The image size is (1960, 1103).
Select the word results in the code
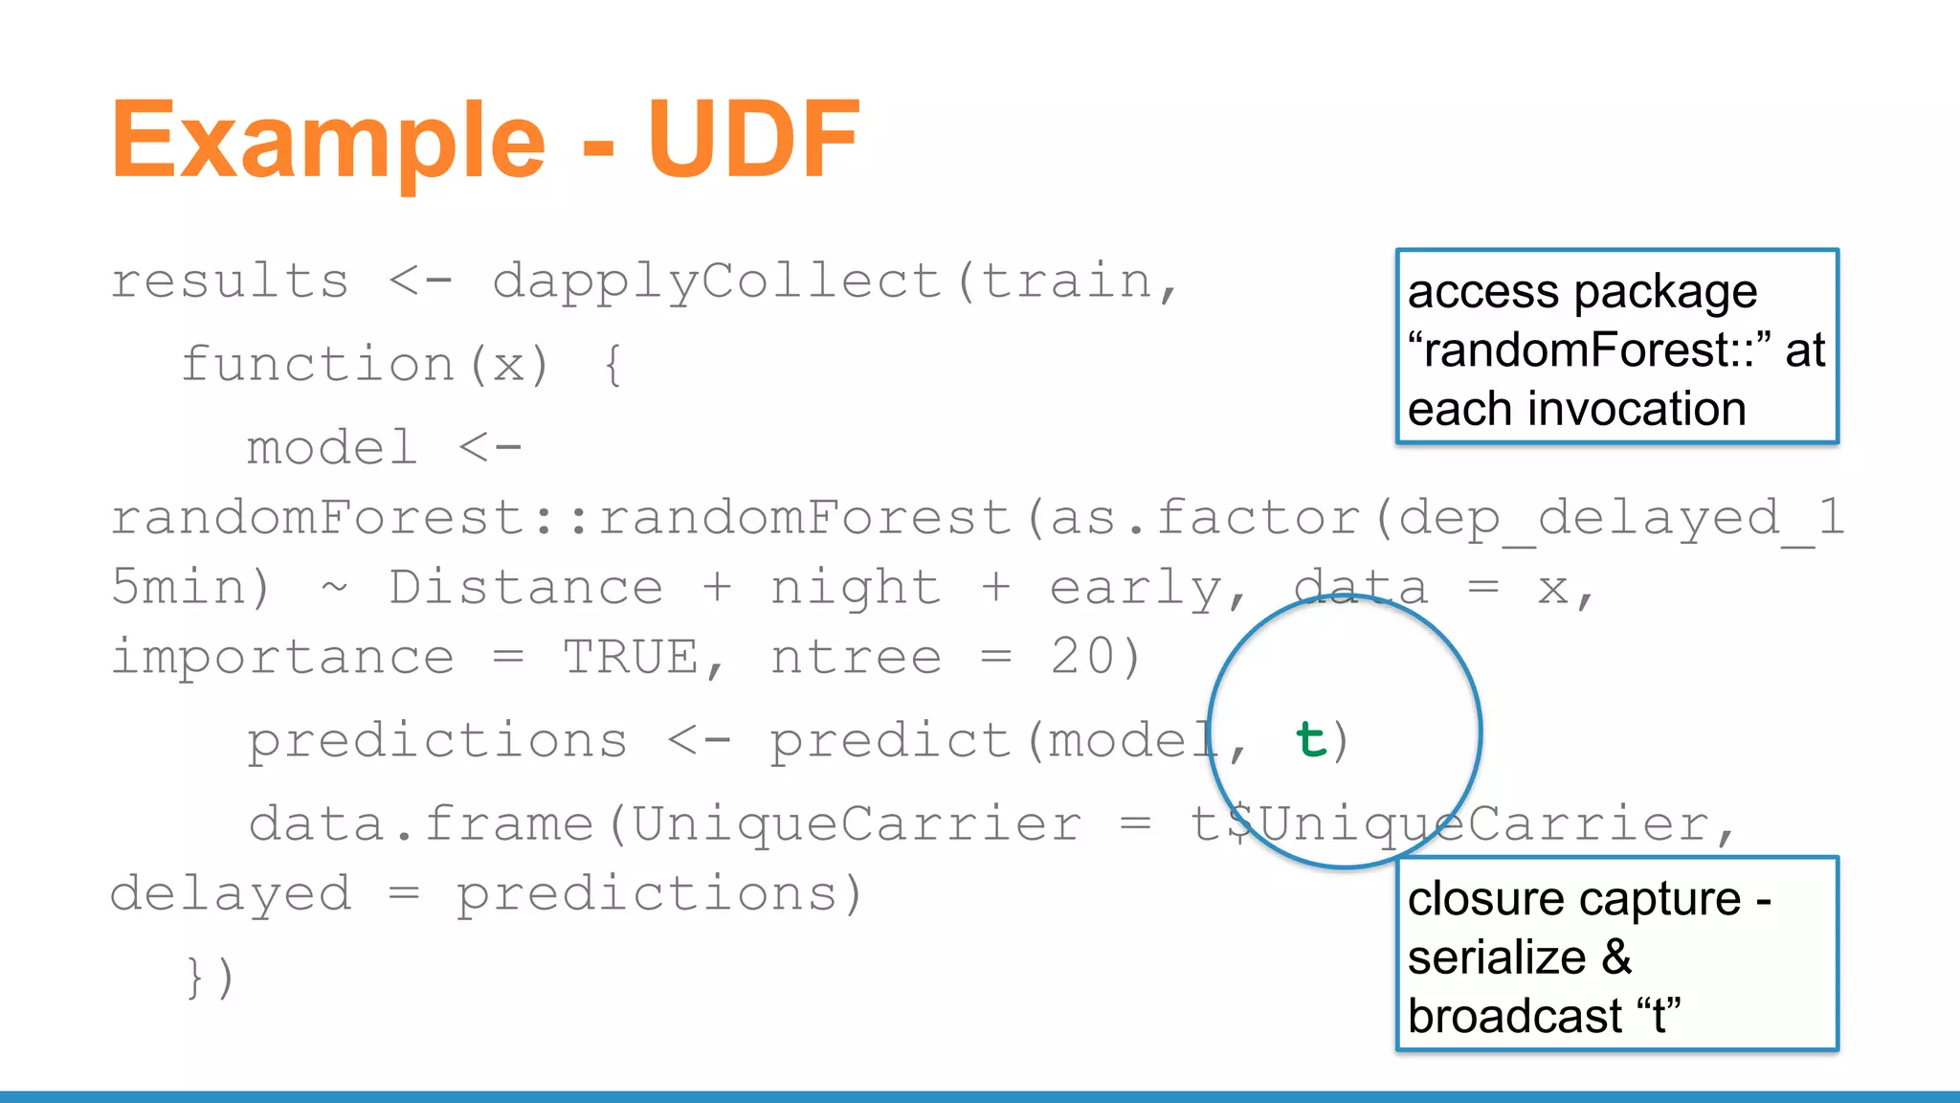click(230, 281)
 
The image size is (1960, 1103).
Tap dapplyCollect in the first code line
click(718, 283)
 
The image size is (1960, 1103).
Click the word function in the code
click(318, 365)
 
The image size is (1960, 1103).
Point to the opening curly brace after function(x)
click(613, 366)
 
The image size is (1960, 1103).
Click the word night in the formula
click(856, 589)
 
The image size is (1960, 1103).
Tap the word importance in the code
click(283, 658)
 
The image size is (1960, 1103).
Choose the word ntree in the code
click(856, 658)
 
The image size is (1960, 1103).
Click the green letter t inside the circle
click(1311, 740)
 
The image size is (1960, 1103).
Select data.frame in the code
click(421, 824)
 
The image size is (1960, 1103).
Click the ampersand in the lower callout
click(1616, 957)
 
